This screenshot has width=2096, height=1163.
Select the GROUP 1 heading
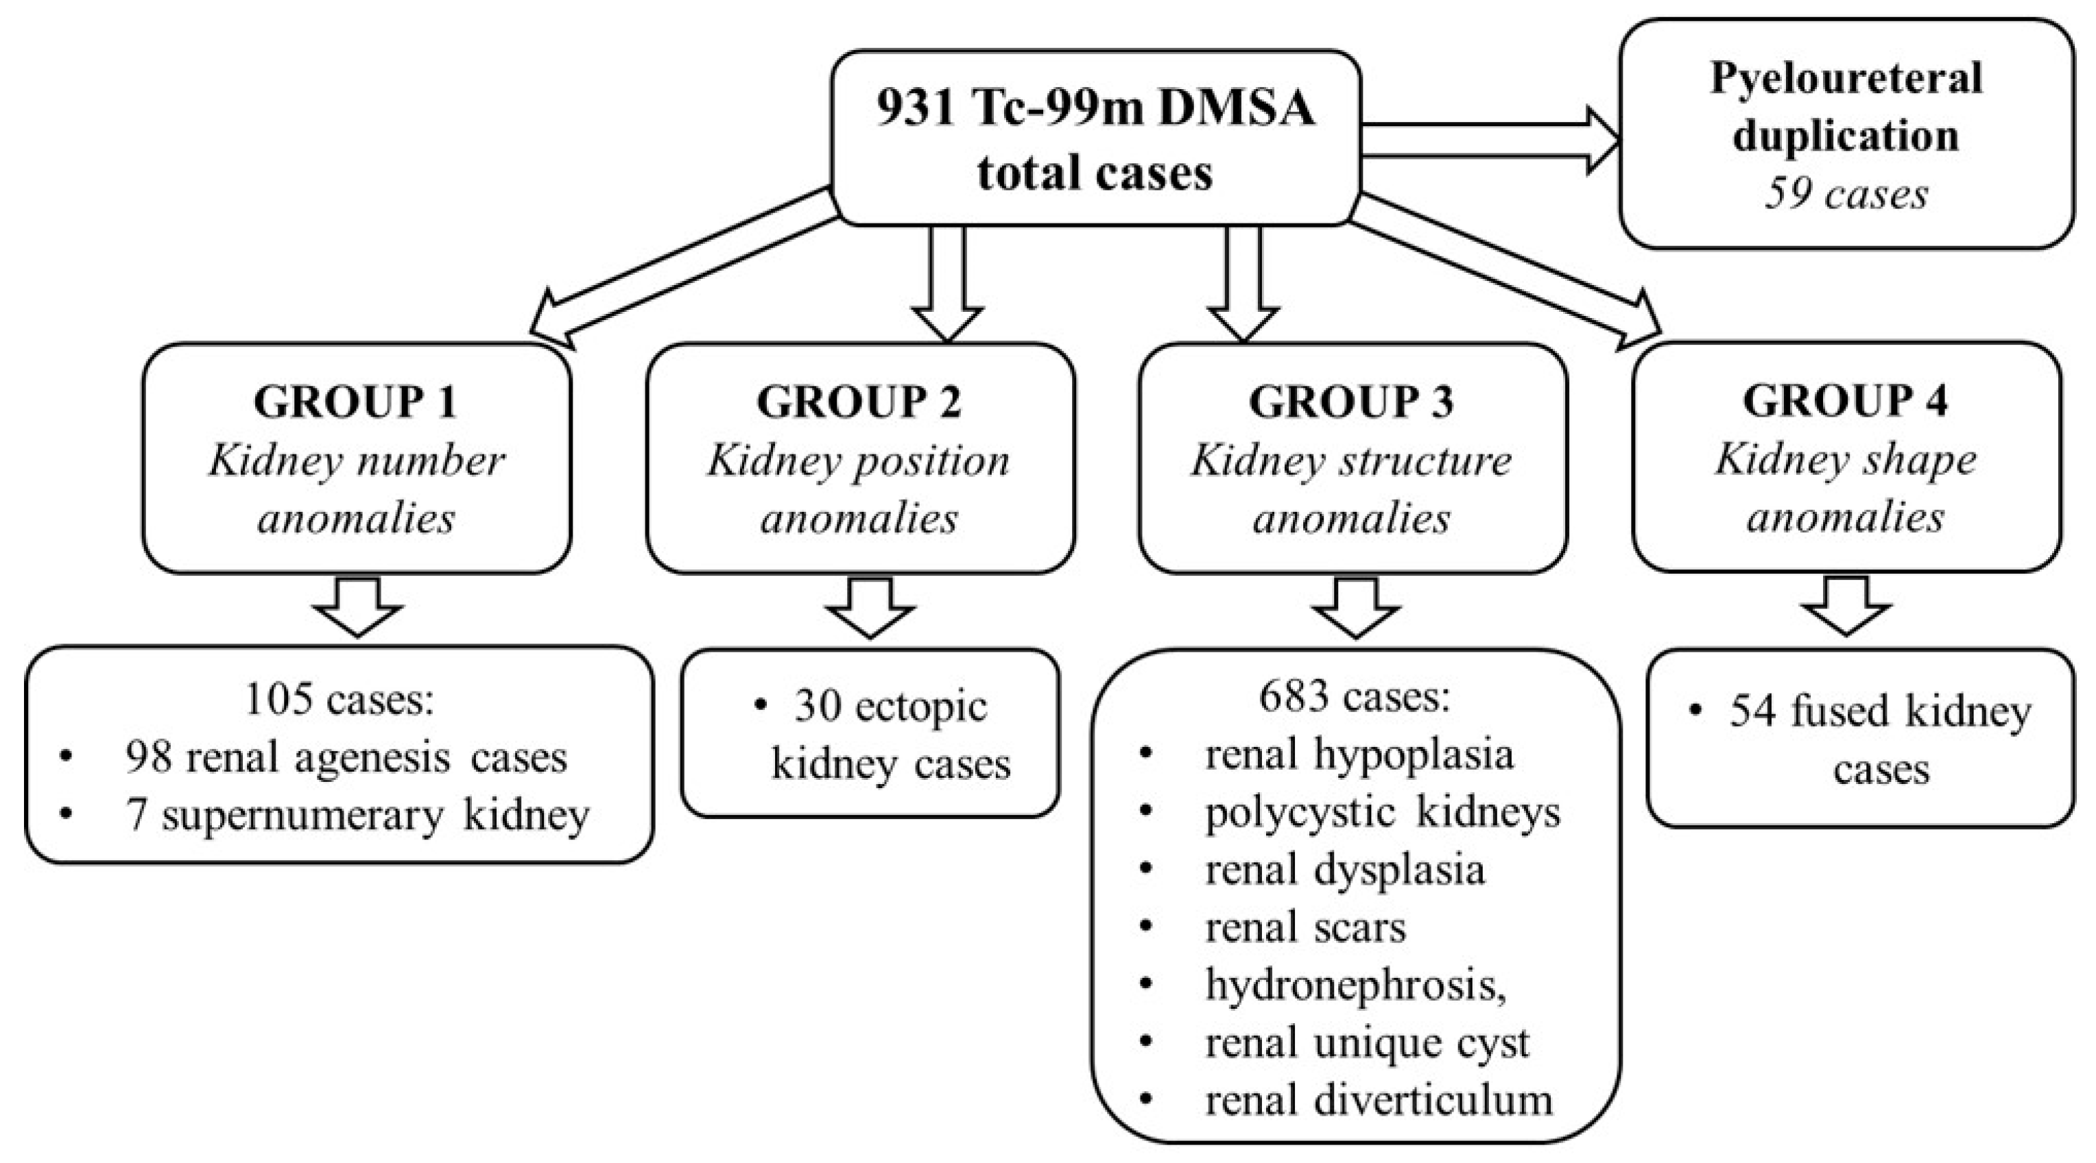355,401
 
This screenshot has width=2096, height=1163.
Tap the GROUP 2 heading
859,401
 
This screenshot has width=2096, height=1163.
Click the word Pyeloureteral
1846,79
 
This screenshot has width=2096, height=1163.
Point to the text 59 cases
1846,195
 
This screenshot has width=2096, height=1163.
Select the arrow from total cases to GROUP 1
684,265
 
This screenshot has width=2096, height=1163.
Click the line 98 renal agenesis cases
346,757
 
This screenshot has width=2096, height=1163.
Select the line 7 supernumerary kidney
358,815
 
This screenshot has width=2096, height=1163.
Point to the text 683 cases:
1354,696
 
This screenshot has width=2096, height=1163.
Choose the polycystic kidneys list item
1381,811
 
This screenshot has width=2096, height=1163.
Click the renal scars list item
1305,927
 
